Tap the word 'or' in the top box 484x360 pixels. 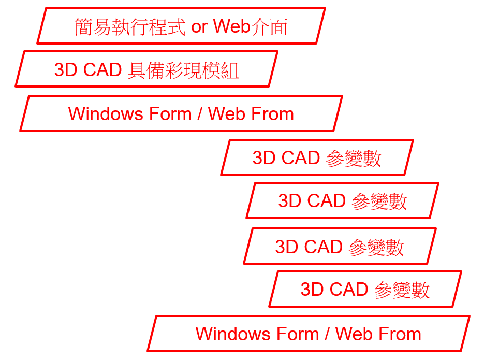199,26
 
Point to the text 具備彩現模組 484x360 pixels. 183,70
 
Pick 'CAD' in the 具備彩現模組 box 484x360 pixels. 102,70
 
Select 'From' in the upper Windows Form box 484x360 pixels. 273,114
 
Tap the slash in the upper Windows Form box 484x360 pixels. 199,114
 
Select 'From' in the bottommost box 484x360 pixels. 400,334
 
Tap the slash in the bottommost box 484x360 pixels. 327,334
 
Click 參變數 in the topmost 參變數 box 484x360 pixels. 354,159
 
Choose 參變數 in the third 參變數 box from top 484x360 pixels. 376,248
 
